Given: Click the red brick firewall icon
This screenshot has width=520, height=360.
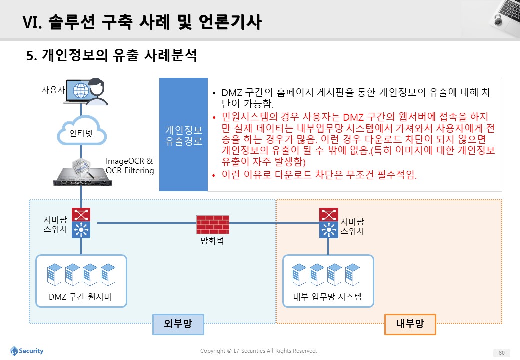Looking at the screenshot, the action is pyautogui.click(x=212, y=225).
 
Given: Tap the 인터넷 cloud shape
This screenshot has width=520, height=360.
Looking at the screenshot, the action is pyautogui.click(x=82, y=131).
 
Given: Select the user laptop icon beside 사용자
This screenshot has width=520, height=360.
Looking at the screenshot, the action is pyautogui.click(x=86, y=92).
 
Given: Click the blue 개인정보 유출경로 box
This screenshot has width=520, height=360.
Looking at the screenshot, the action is pyautogui.click(x=183, y=135).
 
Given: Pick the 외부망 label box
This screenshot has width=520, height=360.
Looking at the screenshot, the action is pyautogui.click(x=178, y=324).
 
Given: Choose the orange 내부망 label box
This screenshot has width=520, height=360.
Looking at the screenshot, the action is pyautogui.click(x=410, y=324).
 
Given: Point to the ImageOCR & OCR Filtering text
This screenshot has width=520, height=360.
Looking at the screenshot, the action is pyautogui.click(x=130, y=165).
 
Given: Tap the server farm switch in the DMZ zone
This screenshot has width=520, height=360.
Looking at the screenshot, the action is pyautogui.click(x=81, y=223).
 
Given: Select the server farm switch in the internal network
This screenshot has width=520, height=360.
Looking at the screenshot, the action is pyautogui.click(x=329, y=223).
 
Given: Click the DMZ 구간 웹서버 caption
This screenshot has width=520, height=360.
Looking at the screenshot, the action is pyautogui.click(x=80, y=297).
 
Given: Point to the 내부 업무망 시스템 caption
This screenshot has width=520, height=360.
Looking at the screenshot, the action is pyautogui.click(x=327, y=297).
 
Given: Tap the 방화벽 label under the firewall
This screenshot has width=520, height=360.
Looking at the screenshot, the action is pyautogui.click(x=212, y=241).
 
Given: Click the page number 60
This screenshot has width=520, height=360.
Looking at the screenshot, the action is pyautogui.click(x=502, y=353).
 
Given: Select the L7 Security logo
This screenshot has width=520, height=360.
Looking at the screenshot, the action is pyautogui.click(x=27, y=351).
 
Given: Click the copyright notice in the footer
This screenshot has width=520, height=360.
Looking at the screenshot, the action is pyautogui.click(x=258, y=351).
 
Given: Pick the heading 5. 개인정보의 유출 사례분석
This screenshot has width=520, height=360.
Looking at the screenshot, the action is pyautogui.click(x=112, y=55).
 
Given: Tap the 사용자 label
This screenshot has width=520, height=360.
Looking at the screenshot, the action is pyautogui.click(x=53, y=90).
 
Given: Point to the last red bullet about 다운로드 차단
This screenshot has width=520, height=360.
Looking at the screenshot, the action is pyautogui.click(x=319, y=174).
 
